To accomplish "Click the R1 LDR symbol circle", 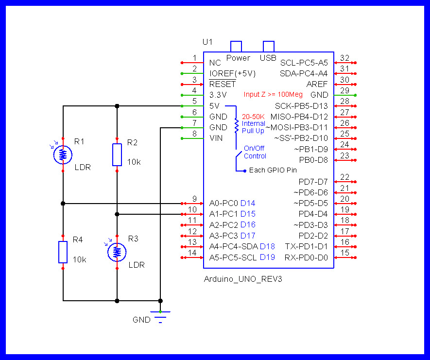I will [x=63, y=154].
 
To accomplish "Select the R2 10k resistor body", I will [x=117, y=154].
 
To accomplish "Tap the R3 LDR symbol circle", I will [x=117, y=251].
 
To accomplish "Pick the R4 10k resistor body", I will [x=63, y=252].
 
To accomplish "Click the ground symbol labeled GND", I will [x=160, y=316].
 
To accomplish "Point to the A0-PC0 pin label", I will [x=223, y=203].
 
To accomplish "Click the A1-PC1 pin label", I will [x=223, y=214].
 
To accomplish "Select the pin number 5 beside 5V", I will [x=194, y=101].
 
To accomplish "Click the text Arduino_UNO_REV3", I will [x=243, y=279].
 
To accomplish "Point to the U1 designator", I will [x=207, y=42].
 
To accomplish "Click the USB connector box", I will [x=268, y=47].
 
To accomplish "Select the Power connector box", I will [x=237, y=47].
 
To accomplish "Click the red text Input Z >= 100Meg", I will [x=273, y=95].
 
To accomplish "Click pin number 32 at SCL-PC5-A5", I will [x=344, y=58].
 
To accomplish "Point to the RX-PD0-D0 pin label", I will [x=306, y=257].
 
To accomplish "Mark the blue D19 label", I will [x=267, y=257].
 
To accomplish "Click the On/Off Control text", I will [x=255, y=152].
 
